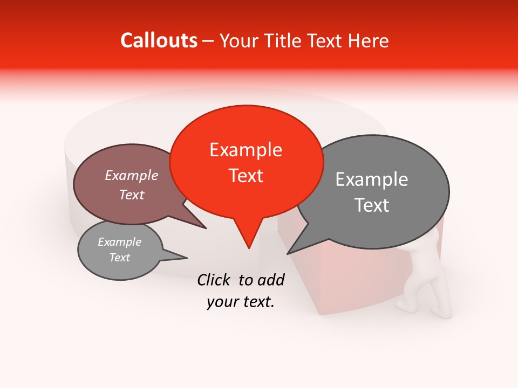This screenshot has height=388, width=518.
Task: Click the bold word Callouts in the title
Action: coord(159,40)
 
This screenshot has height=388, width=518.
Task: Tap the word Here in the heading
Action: coord(369,40)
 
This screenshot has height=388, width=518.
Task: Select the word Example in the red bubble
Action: coord(246,150)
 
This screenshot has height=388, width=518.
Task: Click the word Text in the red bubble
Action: coord(246,176)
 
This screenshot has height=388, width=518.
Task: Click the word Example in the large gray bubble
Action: coord(371,179)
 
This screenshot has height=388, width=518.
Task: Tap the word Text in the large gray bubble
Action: coord(371,205)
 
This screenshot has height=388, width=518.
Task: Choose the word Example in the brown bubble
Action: coord(132,175)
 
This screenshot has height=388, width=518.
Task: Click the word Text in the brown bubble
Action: coord(132,195)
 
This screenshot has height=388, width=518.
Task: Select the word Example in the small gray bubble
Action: coord(119,242)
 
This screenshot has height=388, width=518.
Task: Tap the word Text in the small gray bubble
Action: coord(119,258)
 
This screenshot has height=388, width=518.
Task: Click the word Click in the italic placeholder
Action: coord(215,279)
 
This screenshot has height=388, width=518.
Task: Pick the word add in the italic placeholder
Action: coord(270,279)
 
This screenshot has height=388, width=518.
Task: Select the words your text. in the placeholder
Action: coord(241,302)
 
